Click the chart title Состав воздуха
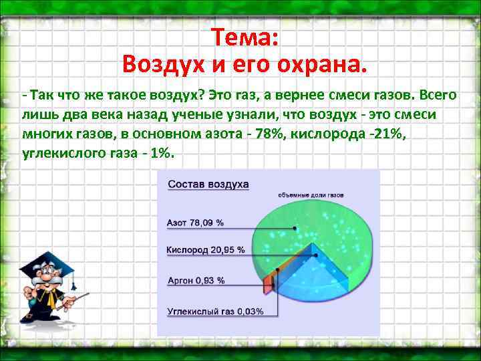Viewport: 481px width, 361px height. coord(208,183)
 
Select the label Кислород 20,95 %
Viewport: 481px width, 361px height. coord(205,250)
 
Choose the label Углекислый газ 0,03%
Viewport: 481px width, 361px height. coord(214,311)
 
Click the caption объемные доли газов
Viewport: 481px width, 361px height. coord(311,195)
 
